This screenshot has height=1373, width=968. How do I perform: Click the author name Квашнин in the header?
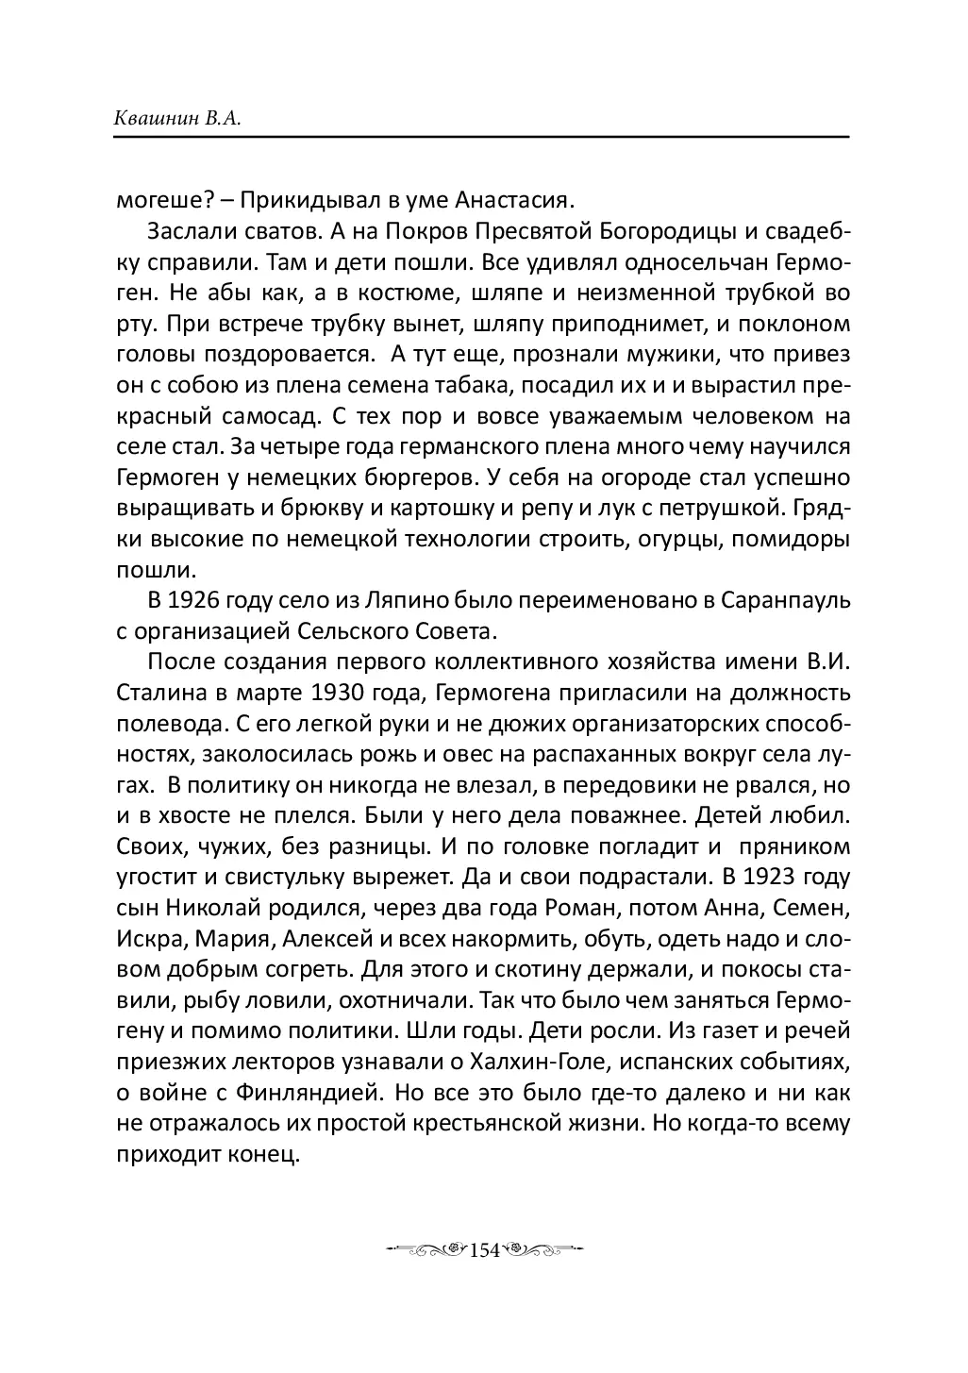point(157,120)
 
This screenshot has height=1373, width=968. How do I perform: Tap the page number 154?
point(483,1250)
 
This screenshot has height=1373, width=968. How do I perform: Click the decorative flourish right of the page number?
point(542,1250)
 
